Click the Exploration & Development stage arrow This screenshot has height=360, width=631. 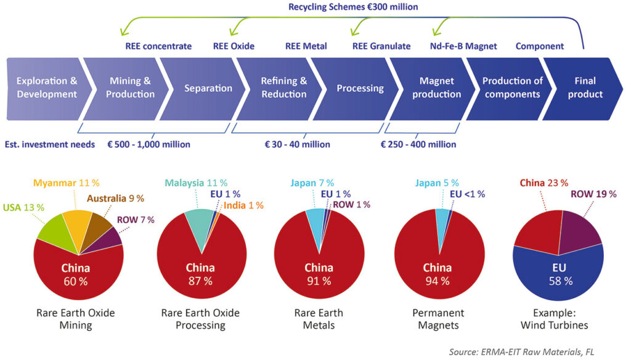[46, 88]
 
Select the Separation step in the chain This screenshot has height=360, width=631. [208, 88]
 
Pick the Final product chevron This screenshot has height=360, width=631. [585, 88]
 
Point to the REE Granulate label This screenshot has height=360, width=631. [381, 46]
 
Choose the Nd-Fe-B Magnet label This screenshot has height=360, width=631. [463, 46]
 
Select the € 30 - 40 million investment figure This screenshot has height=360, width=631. [298, 144]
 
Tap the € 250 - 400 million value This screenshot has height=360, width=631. [418, 144]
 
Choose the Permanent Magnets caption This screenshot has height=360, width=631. [437, 319]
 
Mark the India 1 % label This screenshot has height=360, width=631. [243, 205]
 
